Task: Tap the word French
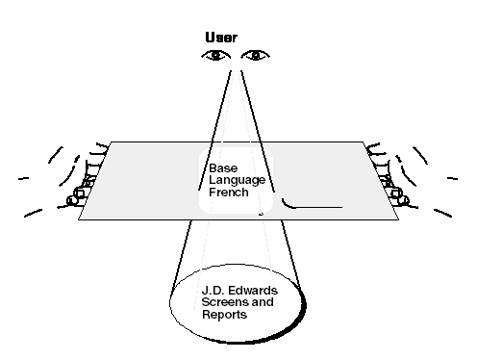tap(227, 192)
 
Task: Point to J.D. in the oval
tap(213, 290)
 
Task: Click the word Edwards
tap(249, 290)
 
